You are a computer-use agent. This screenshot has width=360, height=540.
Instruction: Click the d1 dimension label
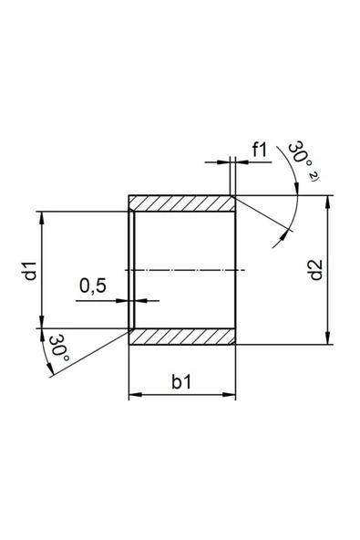[29, 271]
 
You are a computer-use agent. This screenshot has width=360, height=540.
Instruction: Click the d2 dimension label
[315, 271]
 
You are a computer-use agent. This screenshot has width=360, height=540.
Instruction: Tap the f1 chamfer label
[261, 150]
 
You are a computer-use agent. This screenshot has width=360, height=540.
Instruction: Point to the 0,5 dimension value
[93, 286]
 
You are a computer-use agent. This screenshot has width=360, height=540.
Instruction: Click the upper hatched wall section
[182, 202]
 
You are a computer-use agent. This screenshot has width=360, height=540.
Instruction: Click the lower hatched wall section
[182, 337]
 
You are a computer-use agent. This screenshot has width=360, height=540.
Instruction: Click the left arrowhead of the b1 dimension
[134, 394]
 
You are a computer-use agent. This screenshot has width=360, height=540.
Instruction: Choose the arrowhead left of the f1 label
[226, 162]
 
